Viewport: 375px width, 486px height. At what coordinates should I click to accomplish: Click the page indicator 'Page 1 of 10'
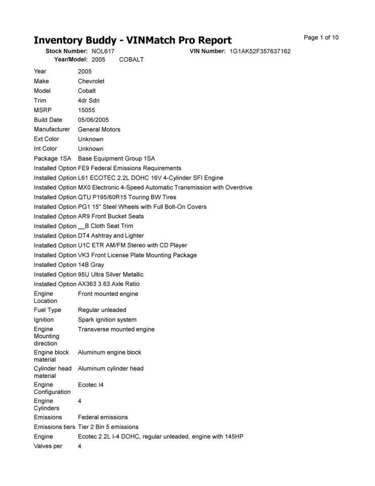pyautogui.click(x=321, y=37)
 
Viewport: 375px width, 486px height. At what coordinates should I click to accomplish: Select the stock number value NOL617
pyautogui.click(x=103, y=52)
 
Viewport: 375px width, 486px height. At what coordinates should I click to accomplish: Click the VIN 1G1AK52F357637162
pyautogui.click(x=260, y=52)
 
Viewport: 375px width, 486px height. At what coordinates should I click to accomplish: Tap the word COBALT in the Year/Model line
pyautogui.click(x=131, y=60)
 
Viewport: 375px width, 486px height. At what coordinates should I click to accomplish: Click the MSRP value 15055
pyautogui.click(x=86, y=110)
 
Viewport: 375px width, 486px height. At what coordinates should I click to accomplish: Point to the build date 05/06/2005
pyautogui.click(x=93, y=120)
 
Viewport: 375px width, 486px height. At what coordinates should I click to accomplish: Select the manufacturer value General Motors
pyautogui.click(x=99, y=130)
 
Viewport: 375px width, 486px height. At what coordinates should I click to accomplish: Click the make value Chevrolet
pyautogui.click(x=91, y=82)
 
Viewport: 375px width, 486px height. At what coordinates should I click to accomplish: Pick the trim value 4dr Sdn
pyautogui.click(x=88, y=101)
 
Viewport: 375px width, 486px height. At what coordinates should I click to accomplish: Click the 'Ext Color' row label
pyautogui.click(x=46, y=139)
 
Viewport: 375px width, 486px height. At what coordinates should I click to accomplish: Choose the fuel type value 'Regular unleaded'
pyautogui.click(x=102, y=310)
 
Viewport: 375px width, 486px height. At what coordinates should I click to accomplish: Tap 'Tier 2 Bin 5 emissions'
pyautogui.click(x=108, y=427)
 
